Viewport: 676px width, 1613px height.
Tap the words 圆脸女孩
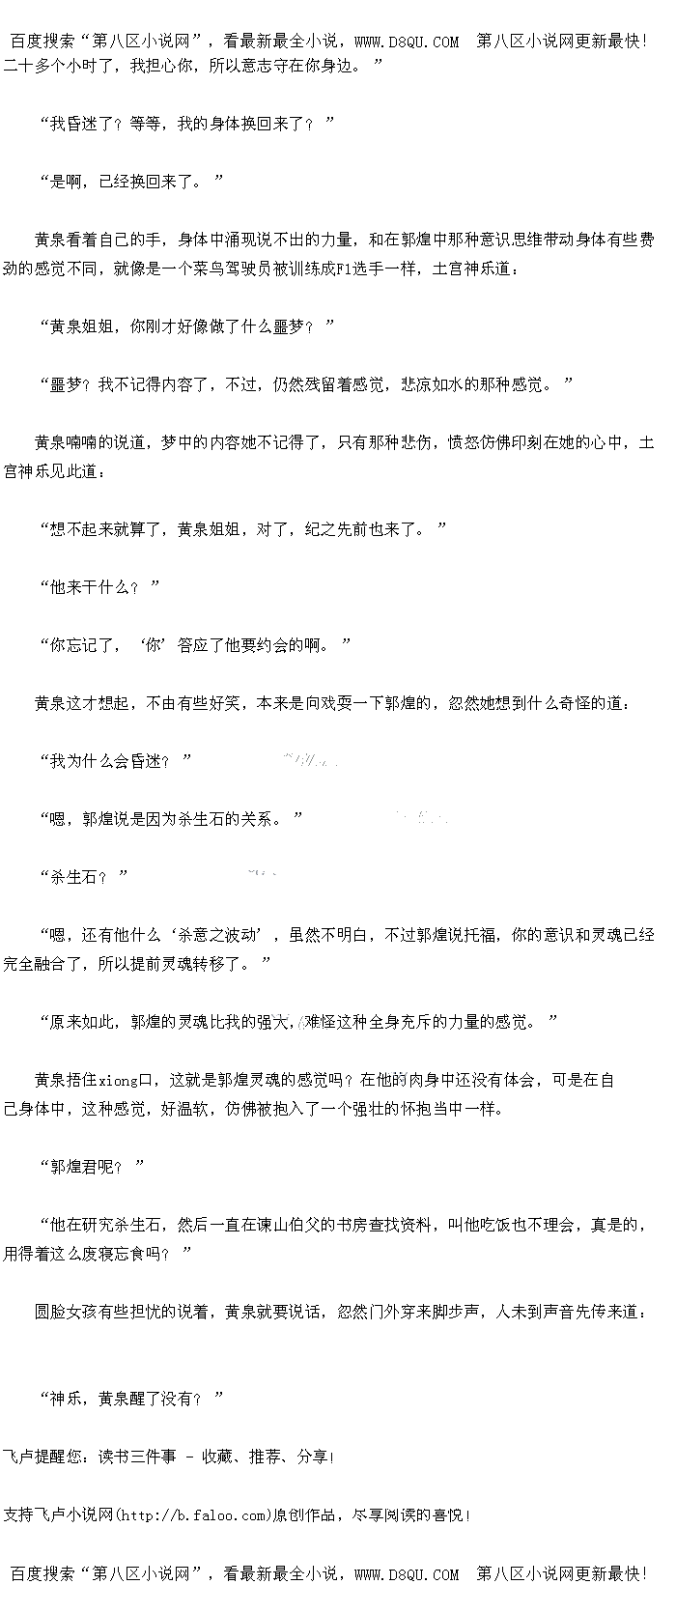coord(67,1312)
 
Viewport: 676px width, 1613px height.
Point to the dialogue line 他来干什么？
coord(99,587)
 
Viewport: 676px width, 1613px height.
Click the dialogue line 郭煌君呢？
coord(90,1168)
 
